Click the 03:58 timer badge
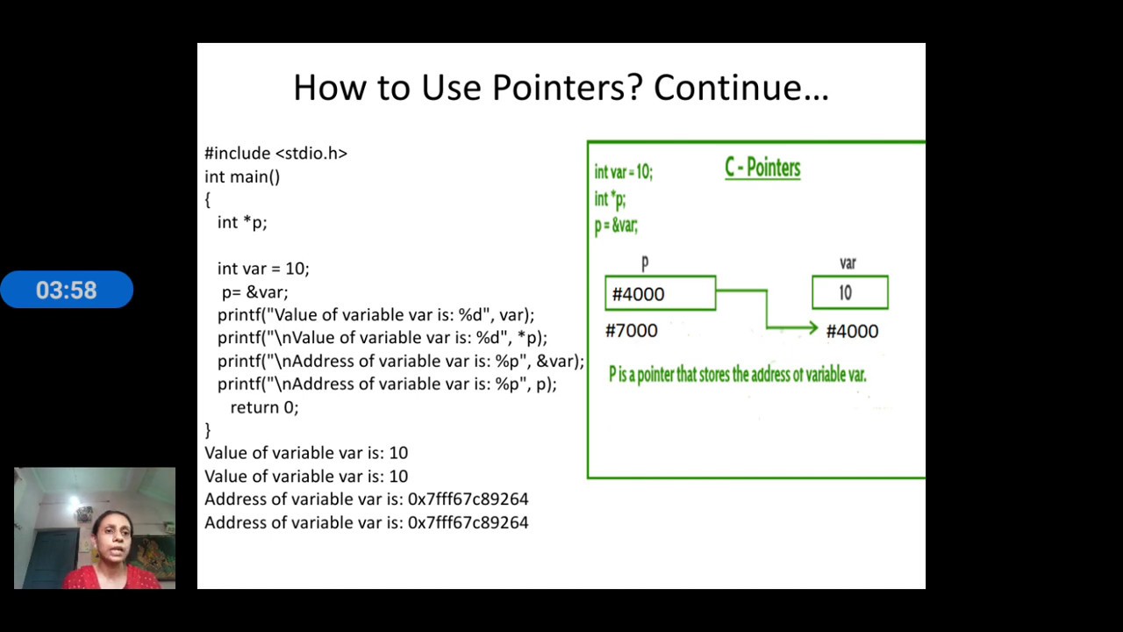point(67,290)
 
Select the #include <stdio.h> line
point(275,154)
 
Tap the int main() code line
point(242,176)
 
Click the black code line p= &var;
point(254,291)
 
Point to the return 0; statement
point(264,407)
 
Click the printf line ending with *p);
point(382,337)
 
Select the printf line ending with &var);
point(400,361)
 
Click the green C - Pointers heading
point(762,168)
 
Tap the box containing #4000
point(660,294)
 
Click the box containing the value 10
point(849,293)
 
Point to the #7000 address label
point(631,331)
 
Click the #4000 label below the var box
point(852,331)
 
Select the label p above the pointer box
point(645,262)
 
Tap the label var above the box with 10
point(848,262)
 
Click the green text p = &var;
point(616,226)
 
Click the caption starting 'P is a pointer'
point(737,375)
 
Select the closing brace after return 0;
point(208,430)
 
